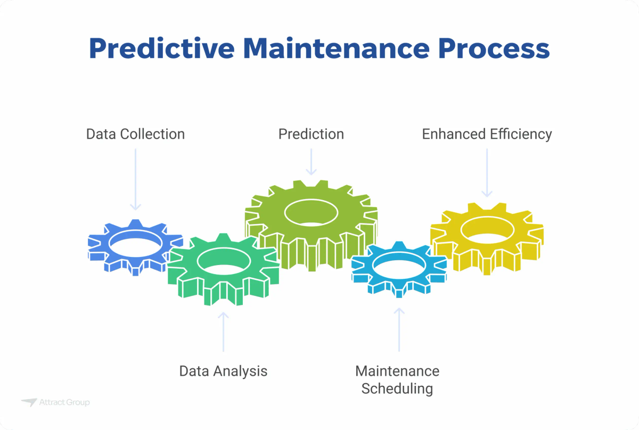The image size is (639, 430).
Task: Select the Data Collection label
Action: pos(135,134)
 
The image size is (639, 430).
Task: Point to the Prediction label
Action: pos(311,134)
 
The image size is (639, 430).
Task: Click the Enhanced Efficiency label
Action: pos(487,134)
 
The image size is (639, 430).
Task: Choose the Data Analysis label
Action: pos(223,370)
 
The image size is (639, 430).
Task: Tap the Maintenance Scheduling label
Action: pos(397,379)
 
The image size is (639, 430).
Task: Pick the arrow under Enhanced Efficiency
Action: pos(487,172)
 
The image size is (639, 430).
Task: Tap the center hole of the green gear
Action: pos(224,261)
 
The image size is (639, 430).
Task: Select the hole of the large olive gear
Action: pos(311,212)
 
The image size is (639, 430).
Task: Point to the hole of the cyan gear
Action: pos(398,264)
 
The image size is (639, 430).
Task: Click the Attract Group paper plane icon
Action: pos(29,402)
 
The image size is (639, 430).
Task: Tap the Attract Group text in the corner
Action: pos(64,403)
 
